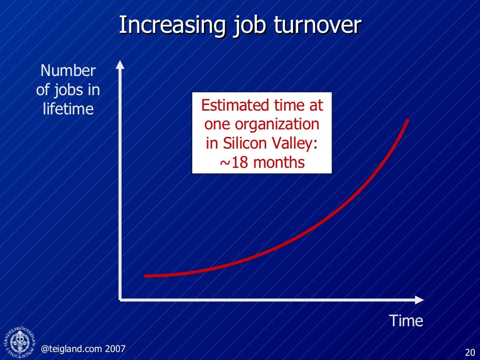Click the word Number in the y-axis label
(68, 71)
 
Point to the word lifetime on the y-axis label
(68, 109)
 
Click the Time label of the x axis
(406, 321)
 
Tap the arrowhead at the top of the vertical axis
(120, 64)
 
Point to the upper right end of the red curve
(408, 120)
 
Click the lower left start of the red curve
(145, 276)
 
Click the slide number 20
(470, 352)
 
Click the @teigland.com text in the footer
(72, 348)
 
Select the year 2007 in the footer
(115, 348)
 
